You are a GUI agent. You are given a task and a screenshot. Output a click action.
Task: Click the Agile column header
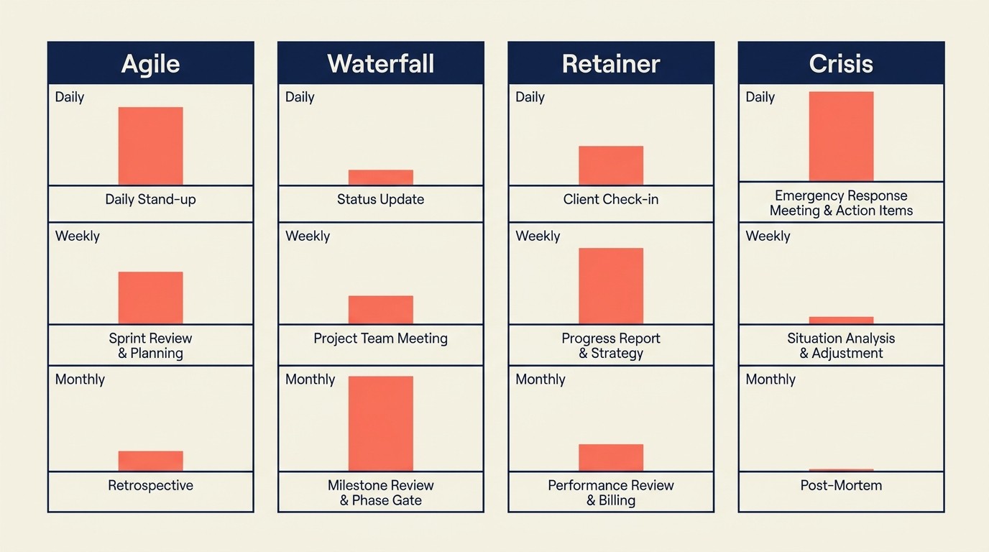[x=150, y=63]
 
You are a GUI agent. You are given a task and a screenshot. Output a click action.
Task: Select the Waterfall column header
[x=380, y=63]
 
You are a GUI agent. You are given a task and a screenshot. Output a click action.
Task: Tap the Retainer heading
[x=610, y=63]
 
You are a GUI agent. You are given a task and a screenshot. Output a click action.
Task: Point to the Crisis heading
[x=841, y=63]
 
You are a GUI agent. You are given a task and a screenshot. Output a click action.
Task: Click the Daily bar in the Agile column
[x=150, y=146]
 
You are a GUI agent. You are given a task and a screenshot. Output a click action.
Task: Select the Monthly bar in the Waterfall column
[x=380, y=423]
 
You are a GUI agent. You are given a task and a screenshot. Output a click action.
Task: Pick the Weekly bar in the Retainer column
[x=610, y=286]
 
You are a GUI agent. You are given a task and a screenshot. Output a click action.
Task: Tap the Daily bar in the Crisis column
[x=841, y=136]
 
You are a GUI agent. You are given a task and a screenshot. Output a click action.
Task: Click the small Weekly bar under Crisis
[x=841, y=321]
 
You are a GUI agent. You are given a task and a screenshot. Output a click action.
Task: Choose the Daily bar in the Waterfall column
[x=380, y=178]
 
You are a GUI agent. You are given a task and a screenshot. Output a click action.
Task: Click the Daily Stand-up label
[x=150, y=200]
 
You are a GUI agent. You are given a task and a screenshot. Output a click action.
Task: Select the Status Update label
[x=380, y=200]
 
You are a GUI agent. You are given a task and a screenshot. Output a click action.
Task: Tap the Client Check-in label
[x=610, y=200]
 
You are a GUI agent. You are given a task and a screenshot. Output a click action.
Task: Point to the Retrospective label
[x=150, y=486]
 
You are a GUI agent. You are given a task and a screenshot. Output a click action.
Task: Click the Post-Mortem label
[x=841, y=486]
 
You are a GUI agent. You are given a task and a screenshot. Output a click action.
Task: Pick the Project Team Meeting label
[x=380, y=339]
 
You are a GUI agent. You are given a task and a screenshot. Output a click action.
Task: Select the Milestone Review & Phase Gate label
[x=380, y=493]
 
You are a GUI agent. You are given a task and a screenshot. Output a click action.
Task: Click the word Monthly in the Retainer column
[x=540, y=379]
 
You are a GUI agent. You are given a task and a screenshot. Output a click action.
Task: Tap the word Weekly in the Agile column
[x=78, y=236]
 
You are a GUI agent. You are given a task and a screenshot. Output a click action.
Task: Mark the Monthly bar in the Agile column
[x=150, y=461]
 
